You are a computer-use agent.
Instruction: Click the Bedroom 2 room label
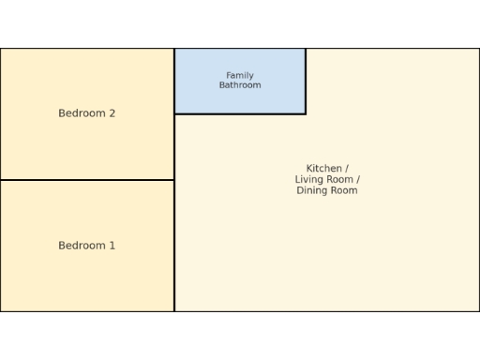click(87, 113)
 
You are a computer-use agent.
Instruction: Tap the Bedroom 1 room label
click(87, 246)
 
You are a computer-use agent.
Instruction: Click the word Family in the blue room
click(240, 76)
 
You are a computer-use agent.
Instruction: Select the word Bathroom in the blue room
click(240, 85)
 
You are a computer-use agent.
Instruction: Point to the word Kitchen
click(323, 169)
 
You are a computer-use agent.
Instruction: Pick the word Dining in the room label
click(311, 190)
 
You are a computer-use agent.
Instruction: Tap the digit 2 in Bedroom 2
click(112, 113)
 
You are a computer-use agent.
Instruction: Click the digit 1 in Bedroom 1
click(112, 246)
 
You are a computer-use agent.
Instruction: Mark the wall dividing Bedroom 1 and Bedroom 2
click(87, 180)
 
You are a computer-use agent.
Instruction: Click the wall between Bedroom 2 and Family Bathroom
click(174, 82)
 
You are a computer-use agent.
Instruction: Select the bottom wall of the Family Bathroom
click(240, 114)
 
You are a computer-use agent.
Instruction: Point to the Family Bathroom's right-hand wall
click(306, 82)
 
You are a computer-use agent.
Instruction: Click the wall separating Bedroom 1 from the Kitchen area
click(174, 246)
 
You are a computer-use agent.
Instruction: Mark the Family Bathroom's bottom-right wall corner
click(306, 114)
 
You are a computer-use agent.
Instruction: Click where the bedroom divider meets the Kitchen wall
click(174, 180)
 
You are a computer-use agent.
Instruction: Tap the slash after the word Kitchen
click(346, 169)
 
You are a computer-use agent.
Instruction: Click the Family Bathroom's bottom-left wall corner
click(174, 114)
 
